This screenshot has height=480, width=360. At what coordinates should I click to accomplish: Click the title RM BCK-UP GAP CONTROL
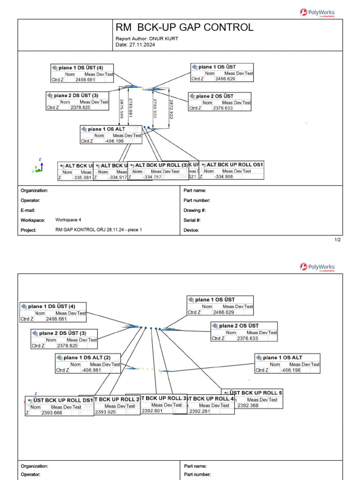pos(184,27)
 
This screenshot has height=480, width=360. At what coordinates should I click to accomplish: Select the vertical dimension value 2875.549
pos(122,108)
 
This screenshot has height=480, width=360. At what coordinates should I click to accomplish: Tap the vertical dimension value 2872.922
pos(172,109)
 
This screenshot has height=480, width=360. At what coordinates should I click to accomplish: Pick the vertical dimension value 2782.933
pos(155,108)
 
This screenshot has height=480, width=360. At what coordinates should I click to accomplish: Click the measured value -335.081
pos(82,177)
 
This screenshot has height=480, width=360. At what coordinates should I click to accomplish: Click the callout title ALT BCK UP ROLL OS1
pos(235,165)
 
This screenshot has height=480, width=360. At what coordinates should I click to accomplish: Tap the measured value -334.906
pos(224,177)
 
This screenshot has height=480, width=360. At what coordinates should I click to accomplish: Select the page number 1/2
pos(337,240)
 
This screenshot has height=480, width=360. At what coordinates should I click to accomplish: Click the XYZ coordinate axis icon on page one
pos(38,167)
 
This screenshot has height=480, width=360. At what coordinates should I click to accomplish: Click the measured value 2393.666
pos(52,413)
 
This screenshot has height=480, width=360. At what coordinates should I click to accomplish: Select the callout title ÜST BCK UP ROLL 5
pos(256,393)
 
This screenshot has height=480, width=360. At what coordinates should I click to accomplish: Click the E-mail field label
pos(28,210)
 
